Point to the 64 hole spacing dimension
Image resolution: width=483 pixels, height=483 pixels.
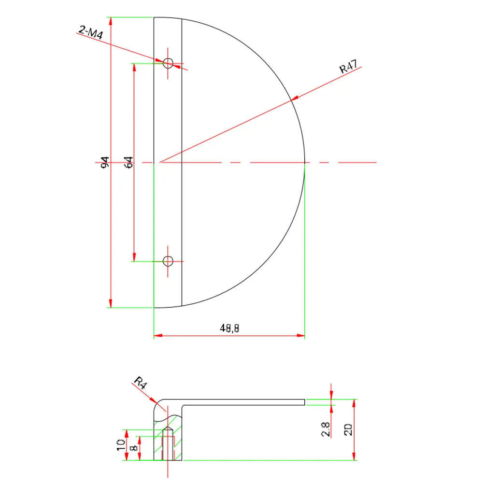128,162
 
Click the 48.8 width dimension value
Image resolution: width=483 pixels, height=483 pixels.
229,328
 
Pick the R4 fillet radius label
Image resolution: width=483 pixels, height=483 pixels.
140,384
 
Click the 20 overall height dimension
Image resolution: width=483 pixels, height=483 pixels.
348,429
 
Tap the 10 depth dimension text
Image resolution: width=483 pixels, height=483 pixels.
121,445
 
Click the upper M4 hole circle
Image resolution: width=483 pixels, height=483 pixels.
168,63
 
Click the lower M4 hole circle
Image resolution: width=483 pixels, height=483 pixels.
168,261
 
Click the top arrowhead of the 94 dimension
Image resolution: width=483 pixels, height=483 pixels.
111,21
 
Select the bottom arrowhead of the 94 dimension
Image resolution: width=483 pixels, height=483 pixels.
111,303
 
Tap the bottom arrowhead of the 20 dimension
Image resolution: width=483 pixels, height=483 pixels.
355,456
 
